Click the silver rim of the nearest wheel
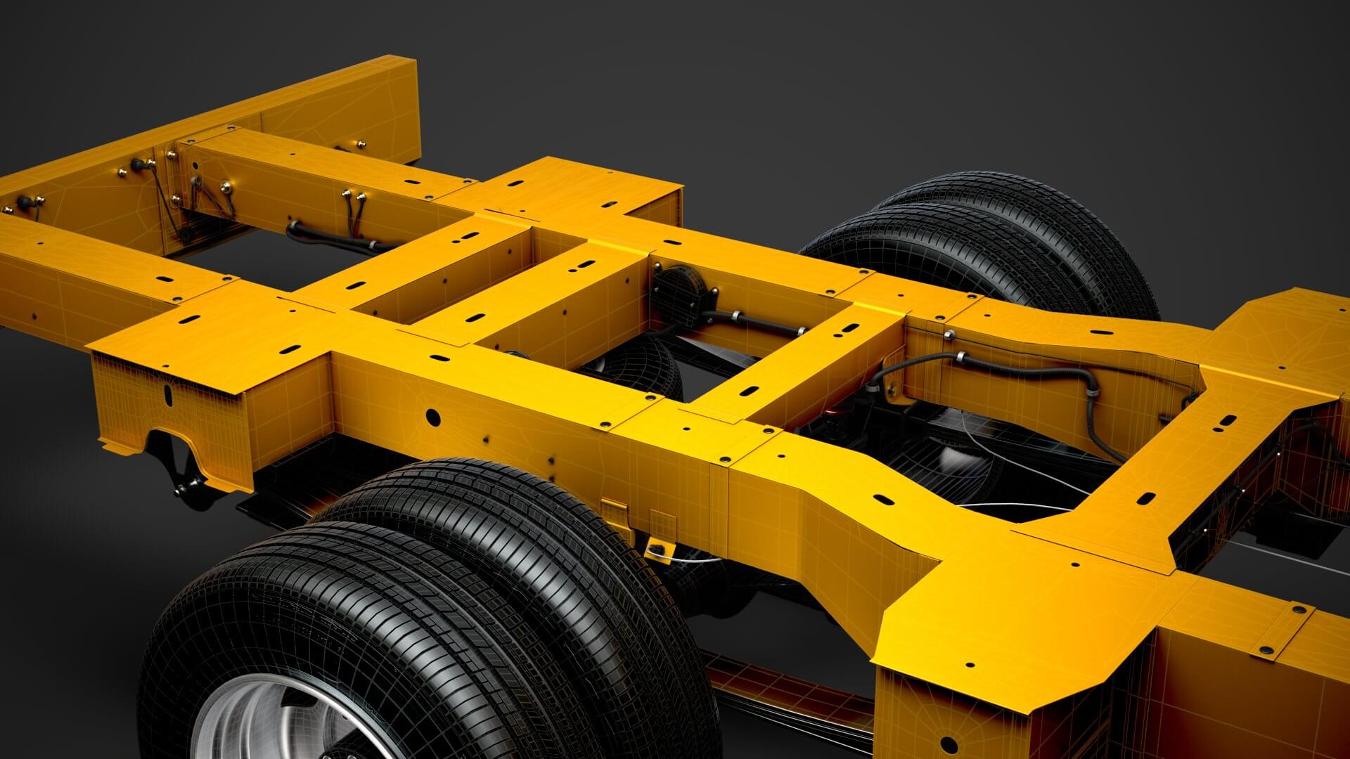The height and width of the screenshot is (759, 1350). click(281, 724)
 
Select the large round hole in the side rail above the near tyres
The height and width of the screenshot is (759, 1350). click(433, 417)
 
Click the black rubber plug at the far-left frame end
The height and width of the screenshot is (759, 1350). click(28, 202)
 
